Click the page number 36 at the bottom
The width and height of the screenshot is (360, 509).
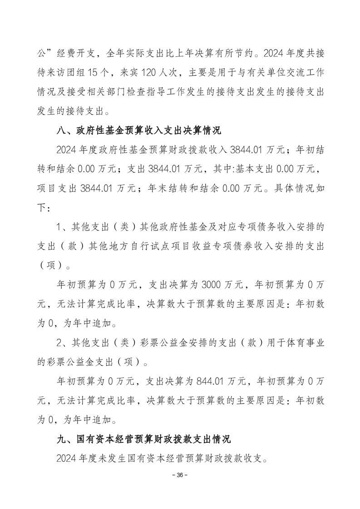pyautogui.click(x=180, y=475)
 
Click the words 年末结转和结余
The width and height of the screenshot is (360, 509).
pyautogui.click(x=178, y=190)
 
